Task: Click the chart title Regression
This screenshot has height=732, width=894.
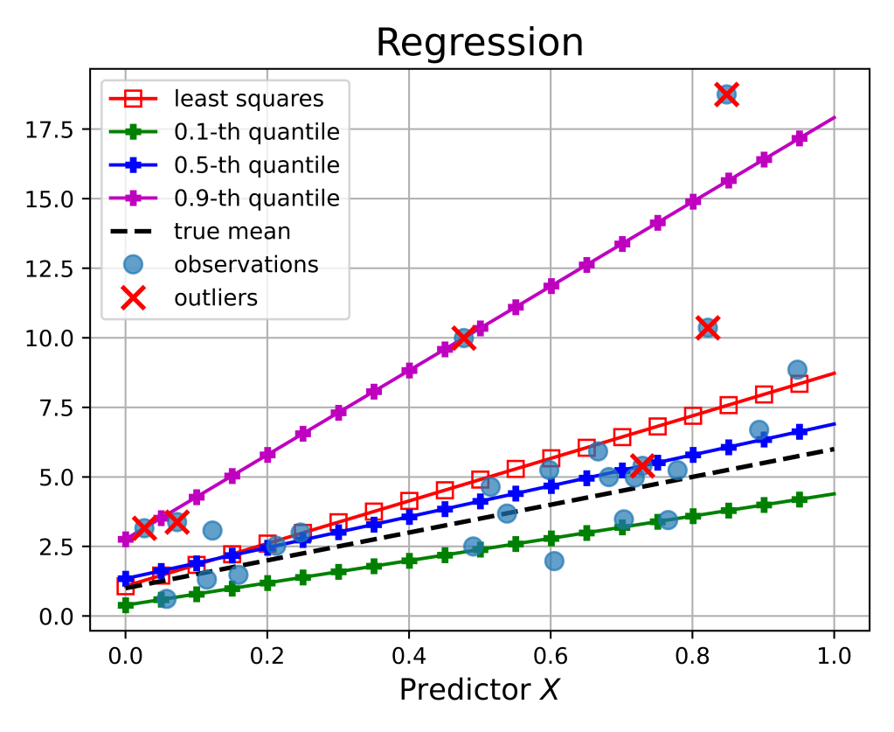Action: point(480,42)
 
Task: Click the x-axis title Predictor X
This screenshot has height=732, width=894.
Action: point(479,690)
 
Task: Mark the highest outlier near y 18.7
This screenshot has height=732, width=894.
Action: point(726,94)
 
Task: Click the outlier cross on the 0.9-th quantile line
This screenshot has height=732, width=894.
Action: point(464,338)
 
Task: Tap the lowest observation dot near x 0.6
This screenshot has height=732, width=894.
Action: point(554,561)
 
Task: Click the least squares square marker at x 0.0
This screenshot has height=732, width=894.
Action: point(125,586)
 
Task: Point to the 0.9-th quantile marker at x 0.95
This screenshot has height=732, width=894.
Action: point(799,138)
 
